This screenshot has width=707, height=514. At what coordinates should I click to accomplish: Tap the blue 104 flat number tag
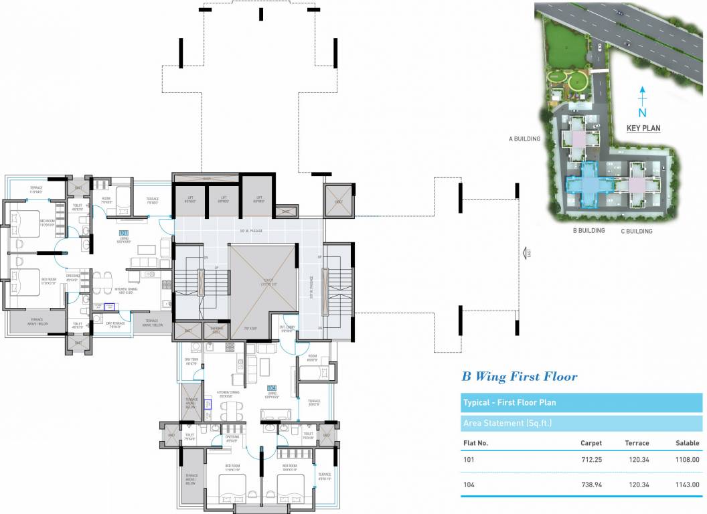tap(271, 388)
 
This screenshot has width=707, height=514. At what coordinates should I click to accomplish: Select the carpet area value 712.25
tap(591, 460)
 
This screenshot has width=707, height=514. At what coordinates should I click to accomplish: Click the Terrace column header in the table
tap(637, 443)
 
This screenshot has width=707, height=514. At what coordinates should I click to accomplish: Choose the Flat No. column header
tap(475, 443)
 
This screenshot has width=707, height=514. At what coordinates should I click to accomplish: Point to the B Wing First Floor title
tap(519, 377)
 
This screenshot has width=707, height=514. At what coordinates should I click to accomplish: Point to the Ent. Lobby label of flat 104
tap(287, 329)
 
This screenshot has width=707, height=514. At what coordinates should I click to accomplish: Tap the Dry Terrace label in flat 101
tap(117, 325)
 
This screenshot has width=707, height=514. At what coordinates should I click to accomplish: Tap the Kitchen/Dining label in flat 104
tap(228, 393)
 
